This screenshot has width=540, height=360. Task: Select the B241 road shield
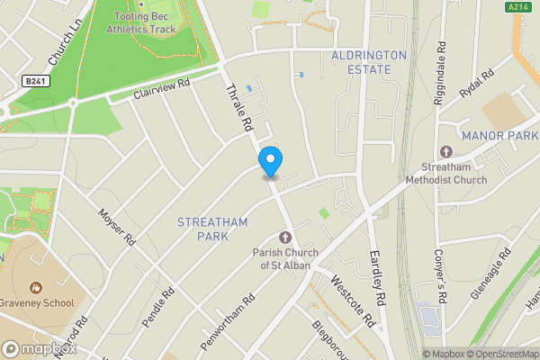[x=34, y=81]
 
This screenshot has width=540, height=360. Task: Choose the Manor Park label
[x=499, y=135]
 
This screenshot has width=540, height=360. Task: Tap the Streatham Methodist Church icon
[x=445, y=151]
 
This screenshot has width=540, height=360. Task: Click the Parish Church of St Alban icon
[x=285, y=237]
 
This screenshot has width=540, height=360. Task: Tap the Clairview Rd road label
[x=162, y=89]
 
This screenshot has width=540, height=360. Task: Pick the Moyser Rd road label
[x=117, y=229]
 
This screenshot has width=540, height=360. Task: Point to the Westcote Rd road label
[x=352, y=300]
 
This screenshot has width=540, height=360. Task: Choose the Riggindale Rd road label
[x=440, y=72]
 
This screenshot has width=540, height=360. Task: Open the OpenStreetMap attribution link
[x=502, y=353]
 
